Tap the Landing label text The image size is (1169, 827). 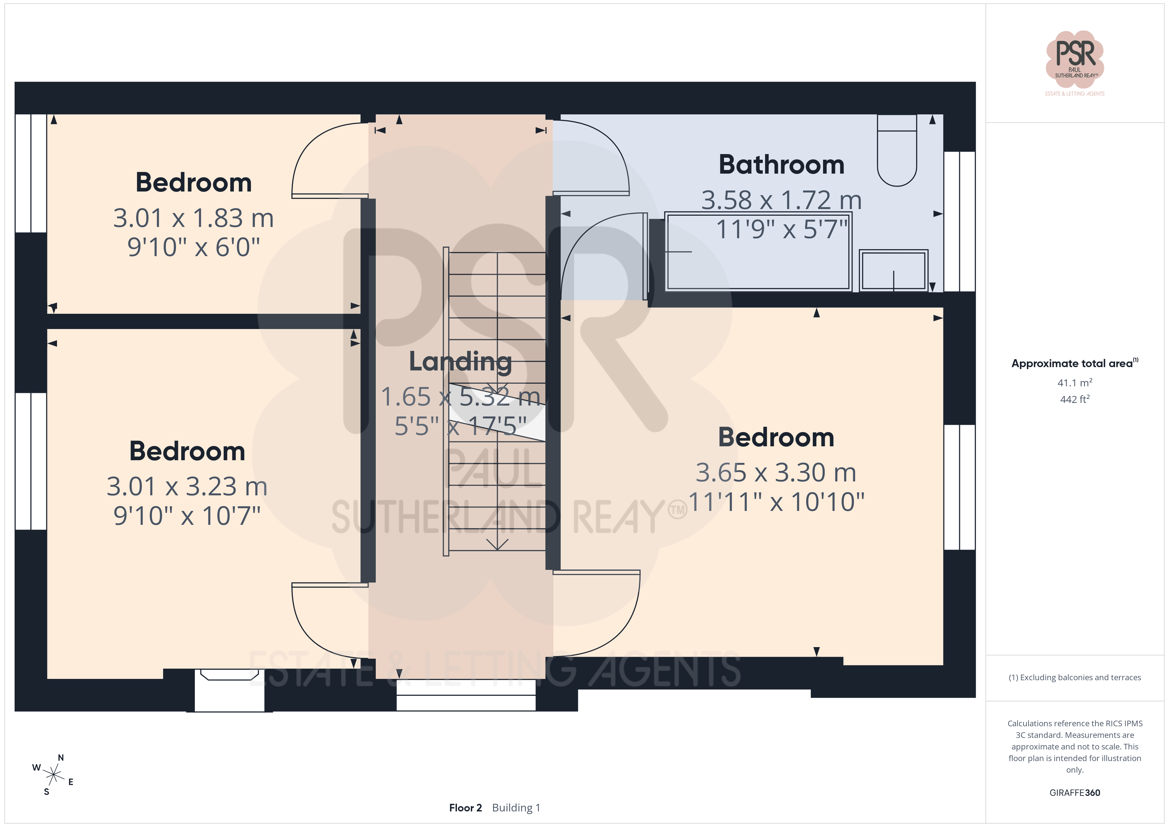[x=460, y=362]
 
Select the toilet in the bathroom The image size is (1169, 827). [x=897, y=150]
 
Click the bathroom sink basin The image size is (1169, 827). [x=894, y=270]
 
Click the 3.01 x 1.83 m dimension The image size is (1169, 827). [x=194, y=218]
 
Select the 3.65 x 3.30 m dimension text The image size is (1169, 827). [x=776, y=472]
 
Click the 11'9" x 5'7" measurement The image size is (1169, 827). [x=782, y=229]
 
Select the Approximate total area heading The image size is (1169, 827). [x=1074, y=363]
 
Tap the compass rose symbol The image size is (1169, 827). [x=53, y=775]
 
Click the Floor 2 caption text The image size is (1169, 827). [x=465, y=808]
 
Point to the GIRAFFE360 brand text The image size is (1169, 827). [x=1075, y=792]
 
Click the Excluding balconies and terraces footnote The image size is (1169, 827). [x=1075, y=677]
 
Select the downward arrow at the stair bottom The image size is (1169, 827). [x=497, y=544]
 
